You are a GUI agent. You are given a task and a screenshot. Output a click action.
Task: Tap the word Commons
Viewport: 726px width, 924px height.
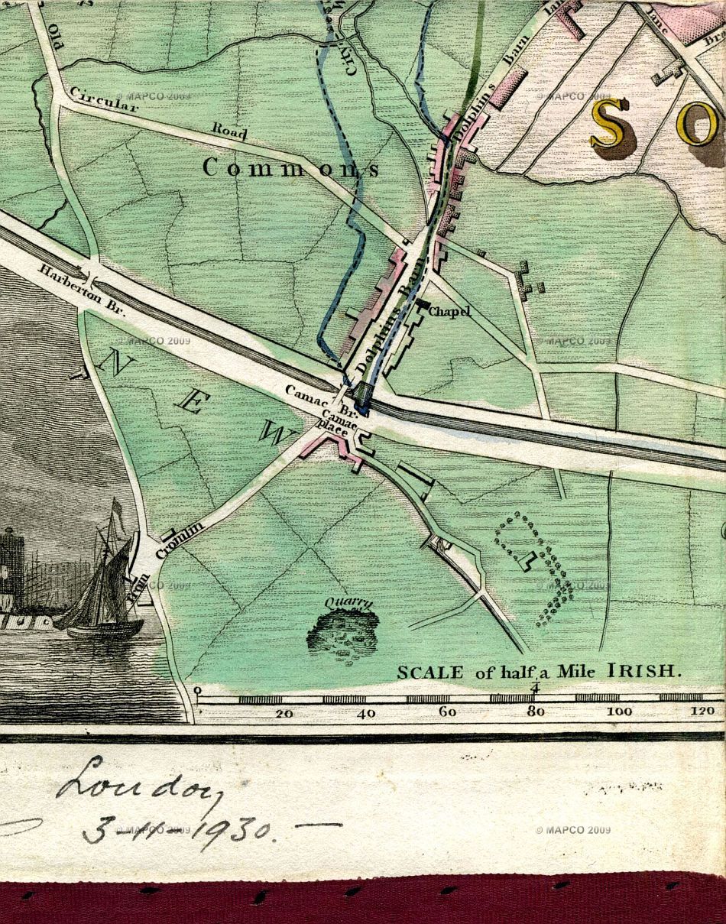(x=290, y=168)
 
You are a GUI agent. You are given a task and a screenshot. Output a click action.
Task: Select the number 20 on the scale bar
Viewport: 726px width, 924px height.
(x=284, y=714)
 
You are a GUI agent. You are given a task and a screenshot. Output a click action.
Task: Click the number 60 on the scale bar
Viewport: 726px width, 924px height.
(x=448, y=713)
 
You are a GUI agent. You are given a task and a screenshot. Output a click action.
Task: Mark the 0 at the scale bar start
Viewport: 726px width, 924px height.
(x=198, y=692)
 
